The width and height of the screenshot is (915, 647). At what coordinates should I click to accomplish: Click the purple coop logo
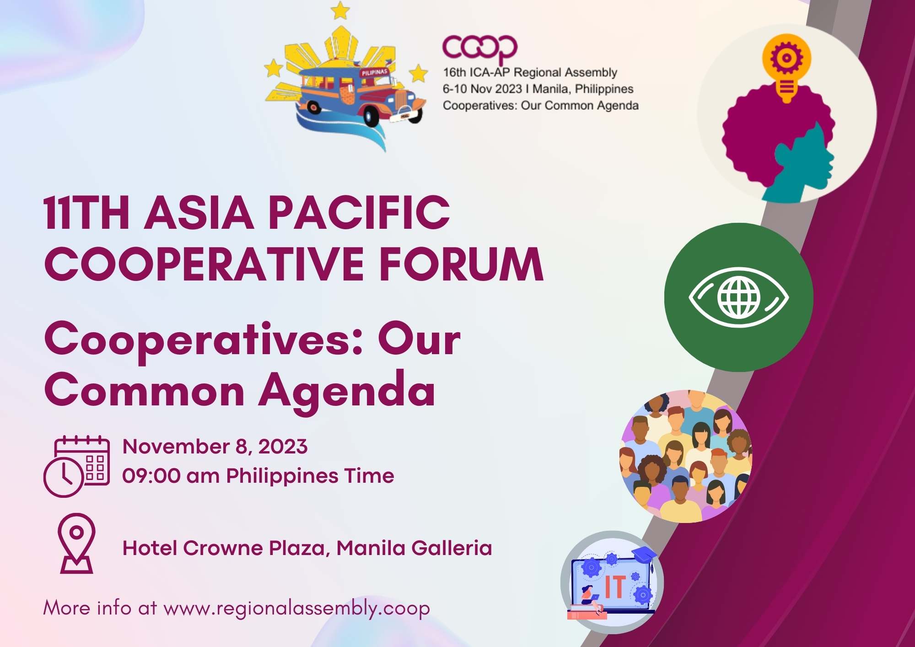pyautogui.click(x=479, y=48)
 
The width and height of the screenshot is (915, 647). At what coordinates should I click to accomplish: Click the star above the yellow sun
pyautogui.click(x=340, y=11)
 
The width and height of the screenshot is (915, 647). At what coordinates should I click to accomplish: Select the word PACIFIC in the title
pyautogui.click(x=359, y=212)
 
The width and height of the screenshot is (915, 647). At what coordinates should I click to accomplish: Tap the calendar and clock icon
pyautogui.click(x=76, y=466)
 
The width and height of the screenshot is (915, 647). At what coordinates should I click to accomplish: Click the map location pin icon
pyautogui.click(x=77, y=543)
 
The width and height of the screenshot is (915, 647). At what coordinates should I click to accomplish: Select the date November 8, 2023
pyautogui.click(x=215, y=447)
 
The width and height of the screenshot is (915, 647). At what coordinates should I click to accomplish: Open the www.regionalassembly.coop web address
pyautogui.click(x=296, y=608)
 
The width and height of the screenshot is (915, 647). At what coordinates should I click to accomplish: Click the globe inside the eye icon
pyautogui.click(x=738, y=297)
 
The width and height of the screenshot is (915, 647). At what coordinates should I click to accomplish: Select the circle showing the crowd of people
pyautogui.click(x=685, y=456)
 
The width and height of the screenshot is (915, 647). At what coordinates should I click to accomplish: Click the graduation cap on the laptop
pyautogui.click(x=644, y=554)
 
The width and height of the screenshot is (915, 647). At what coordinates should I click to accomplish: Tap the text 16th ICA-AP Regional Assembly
pyautogui.click(x=530, y=72)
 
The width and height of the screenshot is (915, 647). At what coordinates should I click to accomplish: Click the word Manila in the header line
pyautogui.click(x=550, y=89)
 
